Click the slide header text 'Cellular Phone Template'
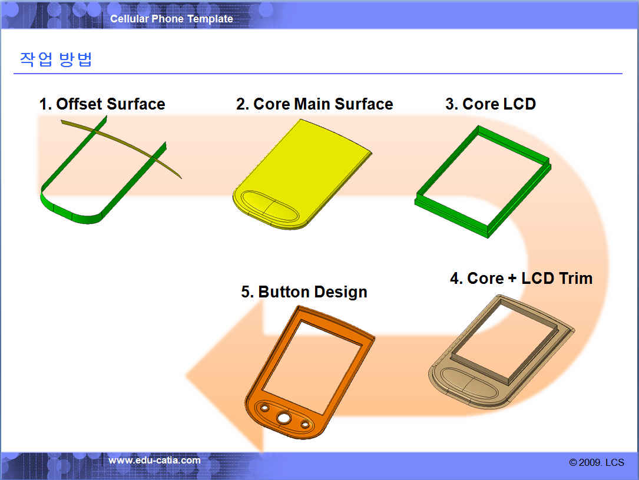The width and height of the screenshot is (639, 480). coord(171,19)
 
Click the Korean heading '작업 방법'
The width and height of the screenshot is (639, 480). coord(56,59)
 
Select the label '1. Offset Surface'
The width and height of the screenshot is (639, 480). coord(102,104)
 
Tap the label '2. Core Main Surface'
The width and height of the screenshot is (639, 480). coord(314,104)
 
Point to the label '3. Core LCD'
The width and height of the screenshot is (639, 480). coord(491,104)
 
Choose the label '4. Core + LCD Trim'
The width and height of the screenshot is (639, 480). coord(521,279)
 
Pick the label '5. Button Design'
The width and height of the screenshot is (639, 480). coord(304,292)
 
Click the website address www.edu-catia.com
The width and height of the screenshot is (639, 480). coord(154,461)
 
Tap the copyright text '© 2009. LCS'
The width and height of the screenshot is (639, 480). coord(597,462)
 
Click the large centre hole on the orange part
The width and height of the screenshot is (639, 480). coord(284,418)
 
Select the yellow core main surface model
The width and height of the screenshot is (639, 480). coord(302,174)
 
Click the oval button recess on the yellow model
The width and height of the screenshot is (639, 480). coord(270,206)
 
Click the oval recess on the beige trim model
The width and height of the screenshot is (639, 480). coord(469,382)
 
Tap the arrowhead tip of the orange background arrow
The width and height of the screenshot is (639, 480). coord(187,375)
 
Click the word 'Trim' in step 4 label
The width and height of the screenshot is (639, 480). coord(576,279)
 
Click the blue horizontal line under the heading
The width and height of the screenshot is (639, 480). coord(318,74)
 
